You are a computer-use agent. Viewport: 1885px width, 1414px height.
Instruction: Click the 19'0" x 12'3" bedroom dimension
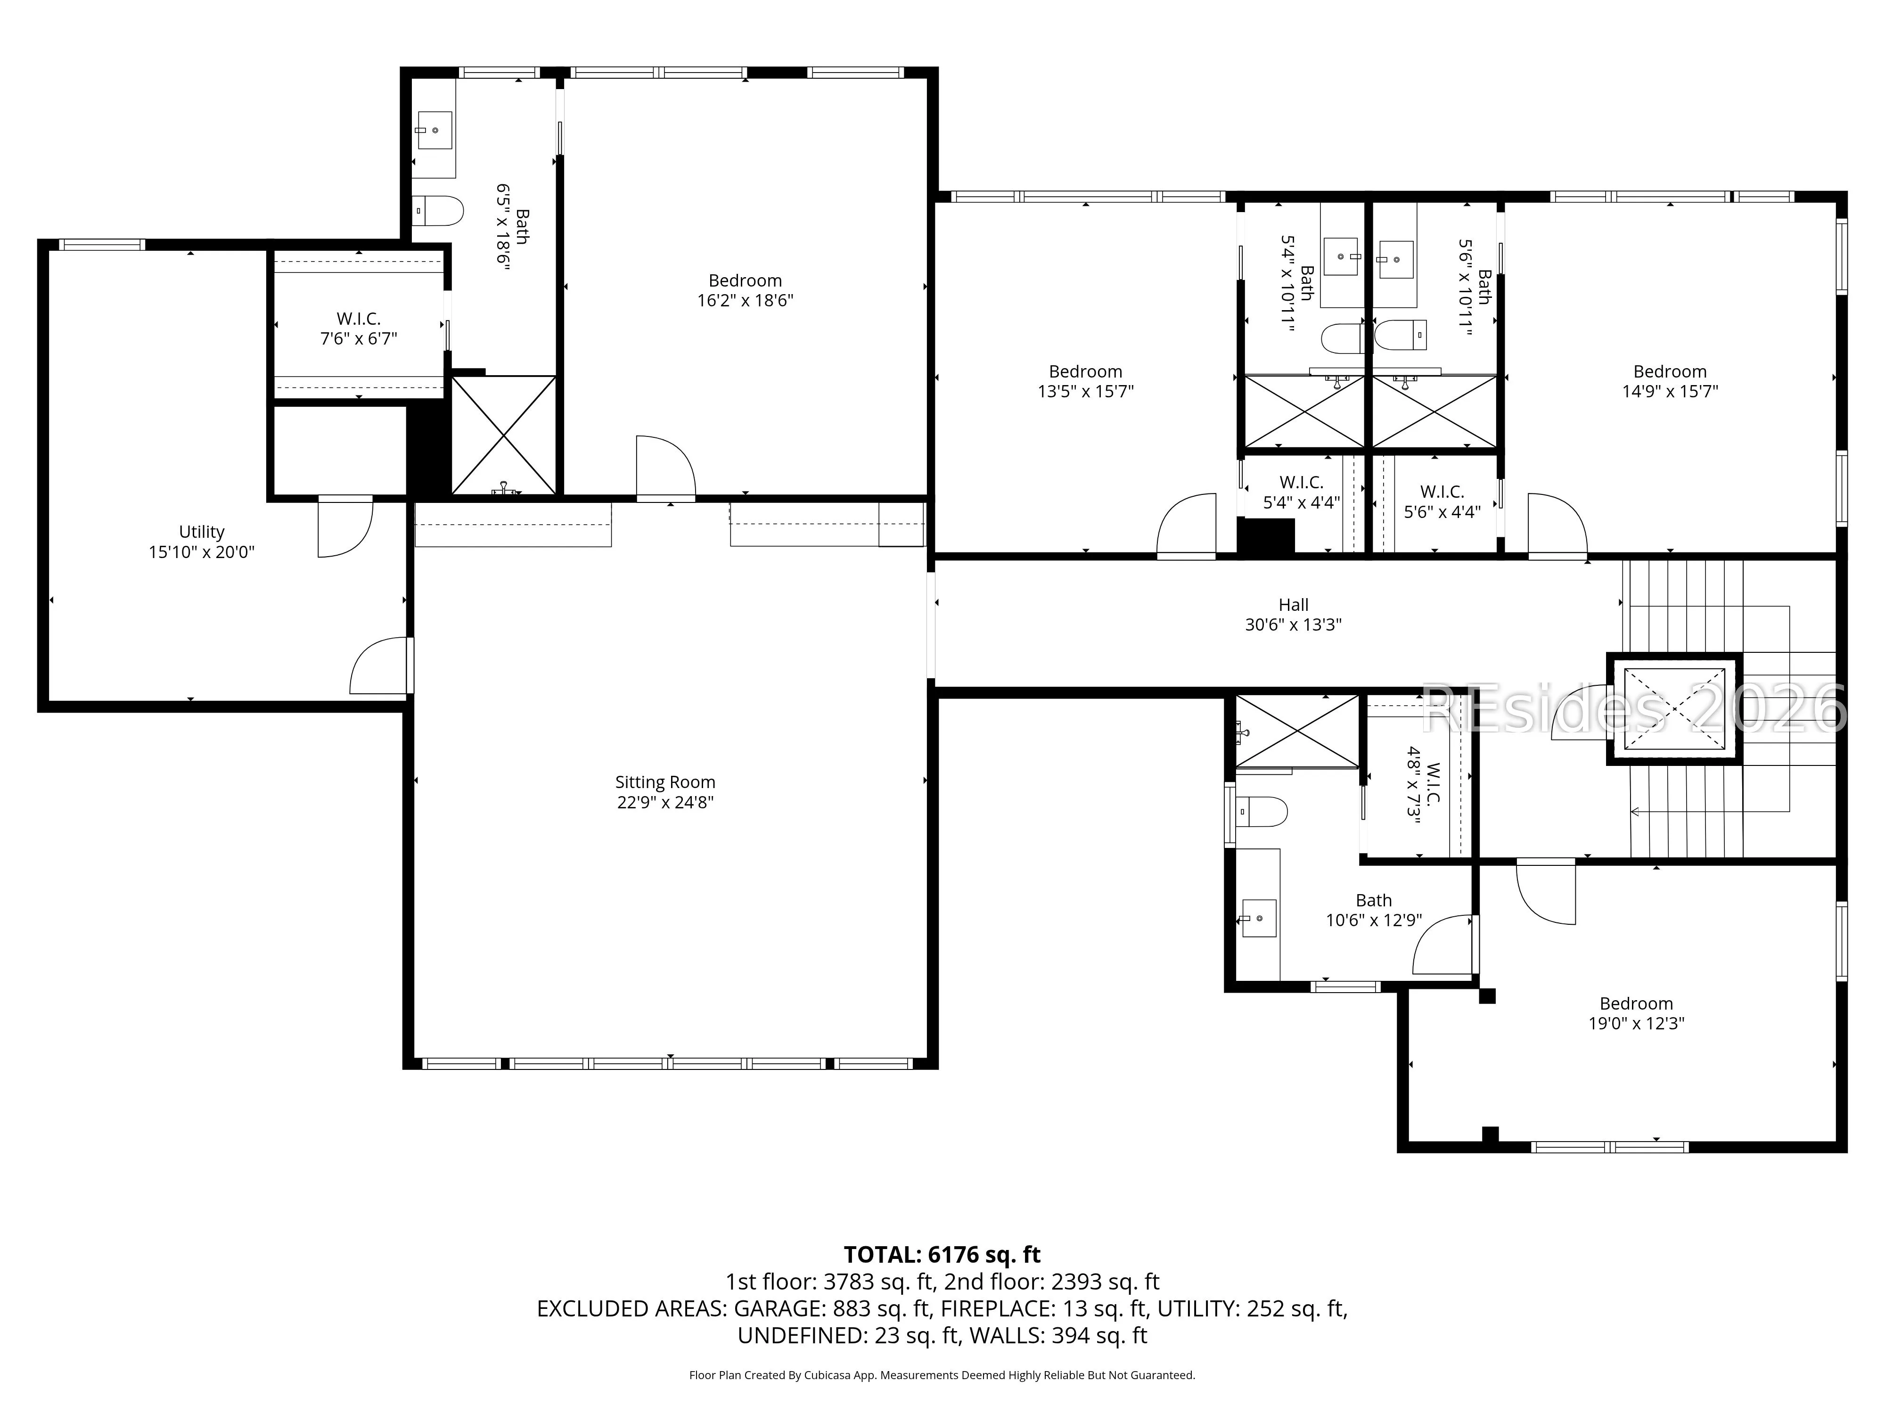pyautogui.click(x=1636, y=1023)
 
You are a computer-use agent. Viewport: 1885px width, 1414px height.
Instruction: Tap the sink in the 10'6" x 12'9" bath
pyautogui.click(x=1258, y=919)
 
